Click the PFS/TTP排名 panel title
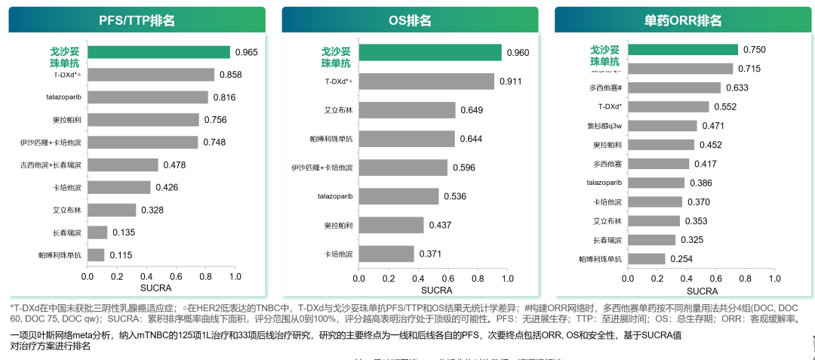pyautogui.click(x=137, y=20)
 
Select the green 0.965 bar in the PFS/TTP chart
pyautogui.click(x=159, y=52)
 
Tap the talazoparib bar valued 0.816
pyautogui.click(x=148, y=97)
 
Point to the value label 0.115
pyautogui.click(x=121, y=255)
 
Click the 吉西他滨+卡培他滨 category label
pyautogui.click(x=51, y=165)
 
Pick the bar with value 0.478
pyautogui.click(x=123, y=165)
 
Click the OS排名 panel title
pyautogui.click(x=410, y=20)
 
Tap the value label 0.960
pyautogui.click(x=518, y=52)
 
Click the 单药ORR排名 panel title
pyautogui.click(x=683, y=20)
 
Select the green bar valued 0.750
pyautogui.click(x=683, y=50)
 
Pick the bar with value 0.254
pyautogui.click(x=647, y=259)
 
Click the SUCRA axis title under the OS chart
pyautogui.click(x=436, y=289)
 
